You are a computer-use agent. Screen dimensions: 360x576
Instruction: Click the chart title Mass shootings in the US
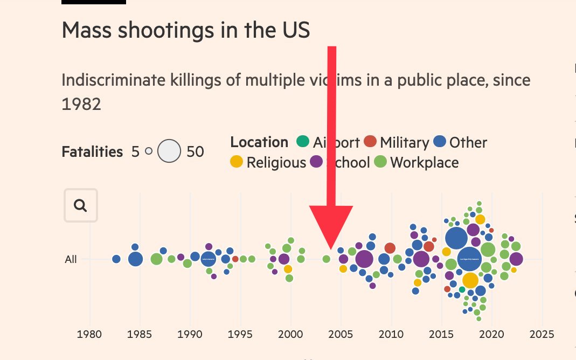point(186,30)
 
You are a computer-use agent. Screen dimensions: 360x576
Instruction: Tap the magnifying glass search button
point(81,205)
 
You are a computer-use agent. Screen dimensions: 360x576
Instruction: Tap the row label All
point(71,259)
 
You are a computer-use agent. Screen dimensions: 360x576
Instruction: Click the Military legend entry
point(404,142)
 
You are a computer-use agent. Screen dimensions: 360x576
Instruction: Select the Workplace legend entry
point(424,162)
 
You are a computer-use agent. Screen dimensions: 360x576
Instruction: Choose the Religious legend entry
point(276,162)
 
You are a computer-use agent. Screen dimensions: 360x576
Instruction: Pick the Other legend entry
point(468,142)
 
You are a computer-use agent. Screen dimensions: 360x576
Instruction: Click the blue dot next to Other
point(440,142)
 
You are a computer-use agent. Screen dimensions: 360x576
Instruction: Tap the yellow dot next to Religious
point(237,162)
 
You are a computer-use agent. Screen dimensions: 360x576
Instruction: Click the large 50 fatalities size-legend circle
point(169,151)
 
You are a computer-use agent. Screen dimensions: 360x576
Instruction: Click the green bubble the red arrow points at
point(326,259)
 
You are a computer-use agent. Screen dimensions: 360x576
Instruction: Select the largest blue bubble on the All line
point(469,259)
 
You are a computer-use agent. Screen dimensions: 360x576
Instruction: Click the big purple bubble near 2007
point(364,259)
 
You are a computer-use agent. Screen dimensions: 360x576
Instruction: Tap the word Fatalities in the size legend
point(92,152)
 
